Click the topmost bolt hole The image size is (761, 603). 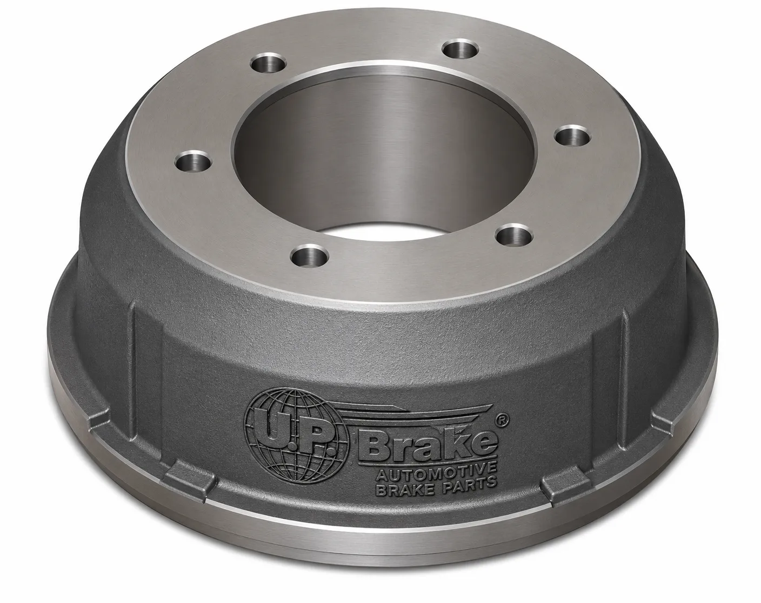click(x=462, y=49)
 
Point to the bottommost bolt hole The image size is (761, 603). click(x=309, y=255)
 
